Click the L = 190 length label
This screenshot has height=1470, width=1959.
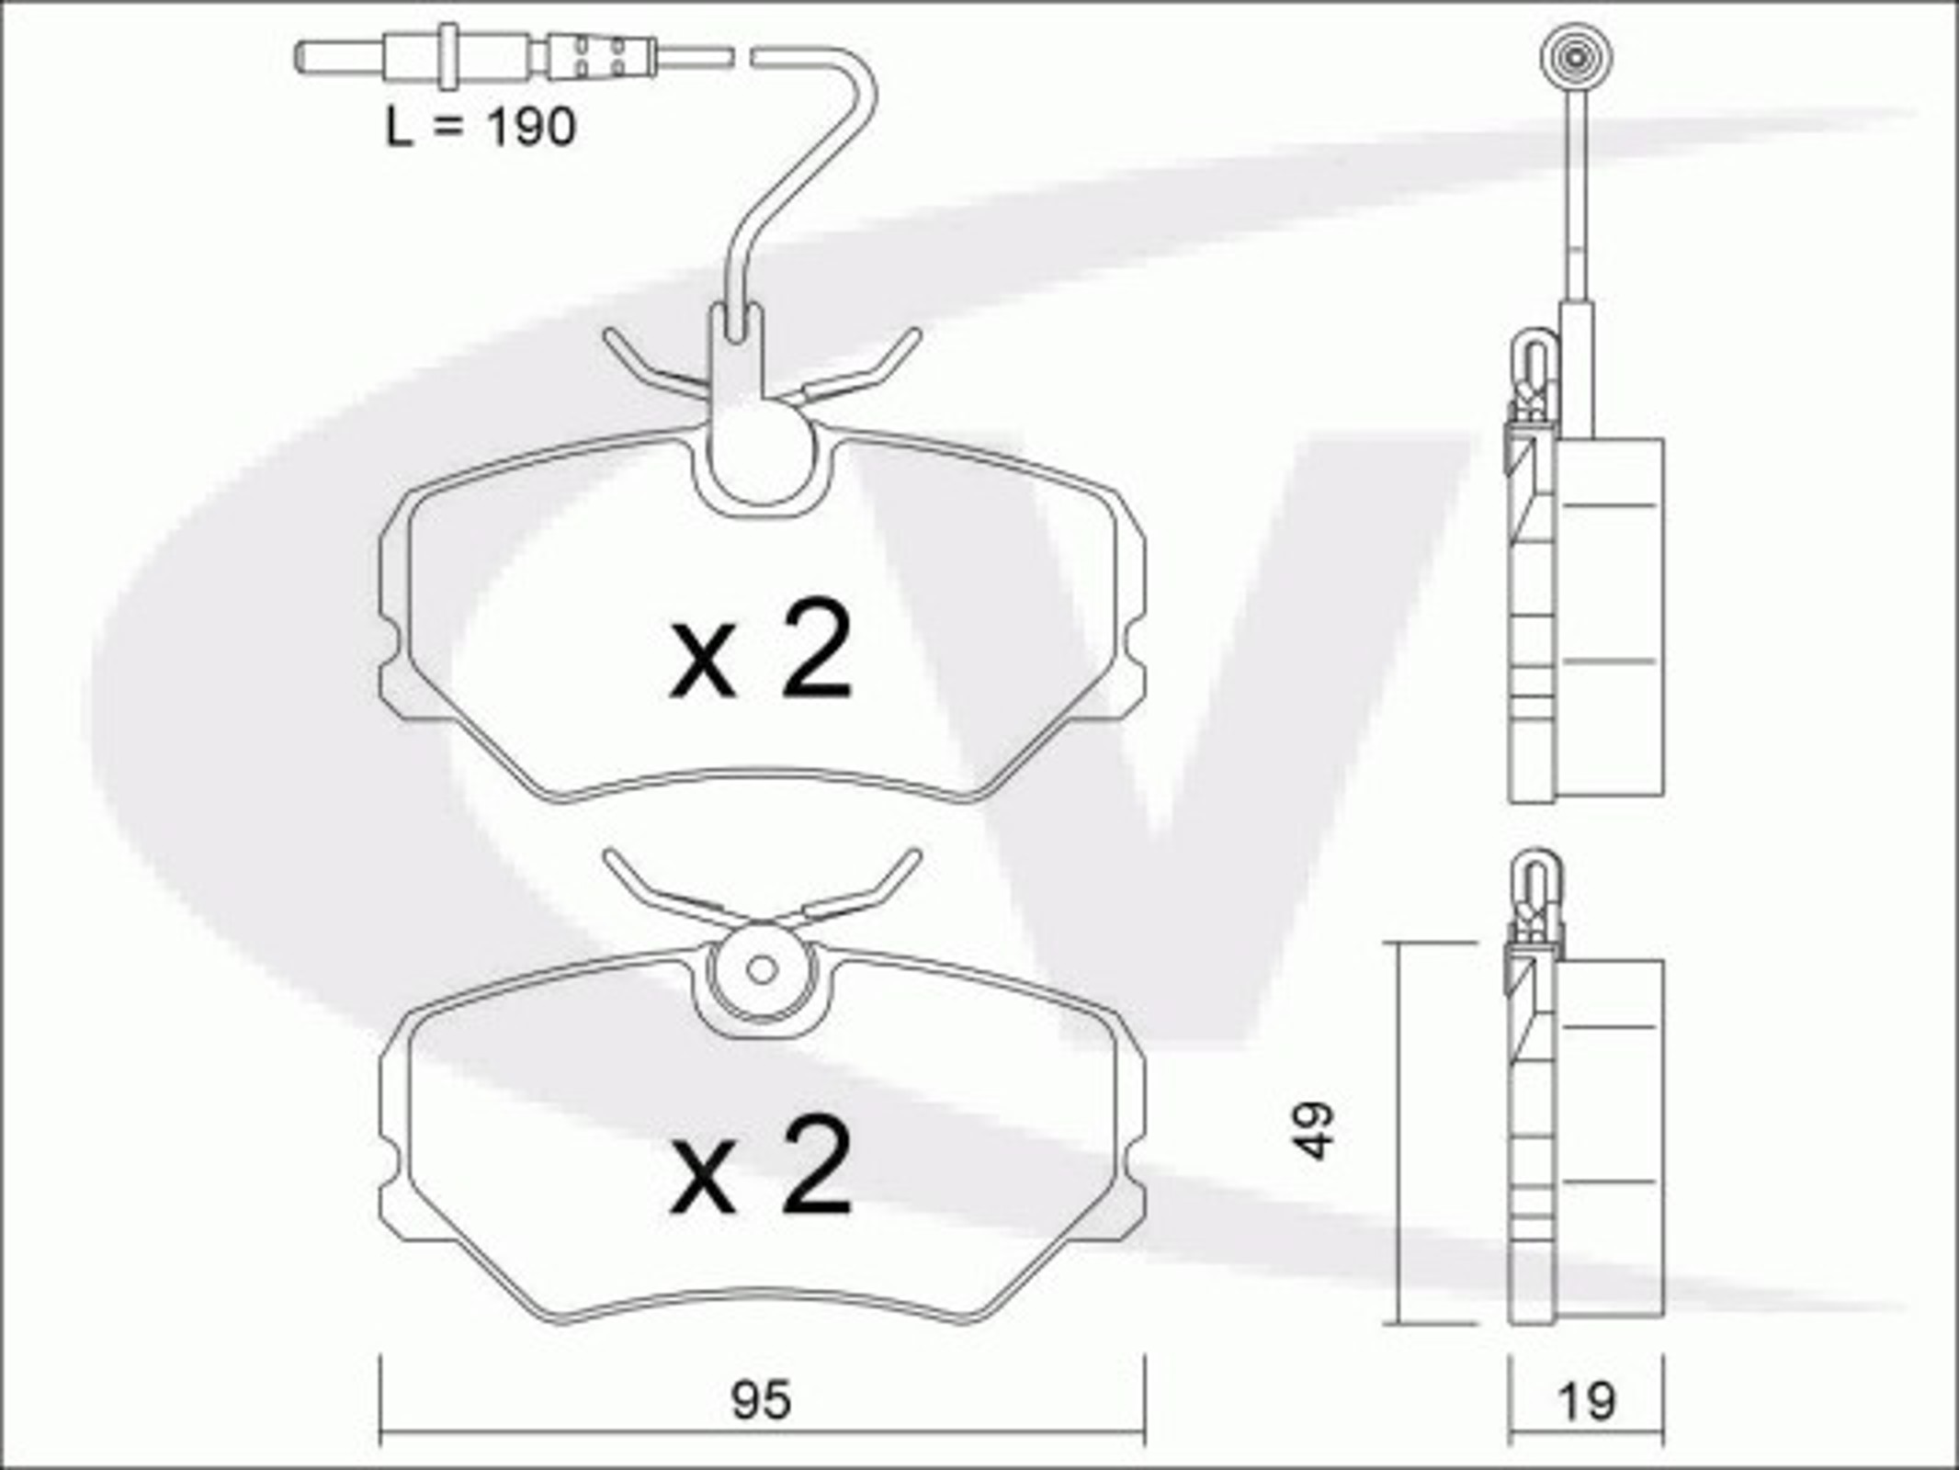(481, 128)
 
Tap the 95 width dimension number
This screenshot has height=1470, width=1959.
(761, 1401)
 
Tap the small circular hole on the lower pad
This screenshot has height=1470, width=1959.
(762, 969)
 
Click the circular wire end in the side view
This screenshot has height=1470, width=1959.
(1576, 57)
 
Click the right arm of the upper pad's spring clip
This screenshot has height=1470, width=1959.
(864, 366)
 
